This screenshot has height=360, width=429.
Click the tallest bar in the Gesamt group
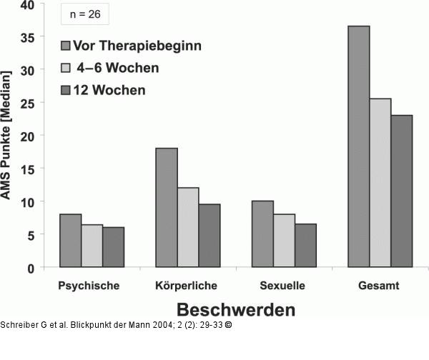[358, 146]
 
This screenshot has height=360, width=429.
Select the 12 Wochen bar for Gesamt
[402, 191]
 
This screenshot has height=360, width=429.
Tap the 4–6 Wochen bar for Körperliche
[188, 227]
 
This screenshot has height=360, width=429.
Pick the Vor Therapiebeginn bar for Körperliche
[167, 207]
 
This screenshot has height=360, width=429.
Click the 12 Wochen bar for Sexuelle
[305, 246]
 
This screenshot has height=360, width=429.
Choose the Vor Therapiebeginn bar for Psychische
[70, 241]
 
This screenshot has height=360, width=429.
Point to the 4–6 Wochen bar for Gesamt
[380, 183]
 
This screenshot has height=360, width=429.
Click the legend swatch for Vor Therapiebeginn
[66, 46]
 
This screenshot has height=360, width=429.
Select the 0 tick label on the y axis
[31, 268]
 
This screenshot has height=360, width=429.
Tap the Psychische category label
[89, 286]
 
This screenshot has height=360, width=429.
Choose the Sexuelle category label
[283, 286]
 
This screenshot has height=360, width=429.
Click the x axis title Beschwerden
[235, 311]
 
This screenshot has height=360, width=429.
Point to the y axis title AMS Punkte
[7, 135]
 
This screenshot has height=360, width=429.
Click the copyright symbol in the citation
[227, 325]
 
